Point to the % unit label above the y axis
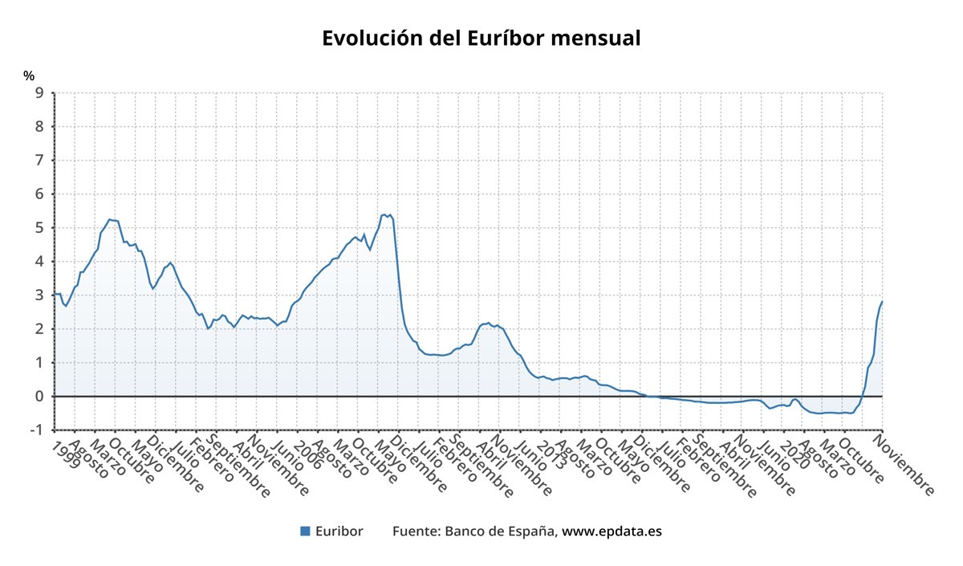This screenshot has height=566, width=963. [29, 76]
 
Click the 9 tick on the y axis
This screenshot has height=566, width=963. [39, 93]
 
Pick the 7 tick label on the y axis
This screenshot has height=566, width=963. [39, 161]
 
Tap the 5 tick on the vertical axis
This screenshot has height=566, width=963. [39, 228]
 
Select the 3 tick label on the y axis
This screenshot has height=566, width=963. [39, 295]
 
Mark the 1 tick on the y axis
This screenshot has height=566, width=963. [39, 363]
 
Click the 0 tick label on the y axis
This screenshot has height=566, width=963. [39, 397]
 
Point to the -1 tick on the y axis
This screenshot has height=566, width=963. [35, 430]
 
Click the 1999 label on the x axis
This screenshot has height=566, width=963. [66, 454]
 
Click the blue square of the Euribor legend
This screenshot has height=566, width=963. [305, 531]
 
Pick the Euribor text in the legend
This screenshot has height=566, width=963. [339, 531]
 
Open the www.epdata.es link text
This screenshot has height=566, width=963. [612, 531]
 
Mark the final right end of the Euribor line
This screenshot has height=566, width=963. [882, 302]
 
